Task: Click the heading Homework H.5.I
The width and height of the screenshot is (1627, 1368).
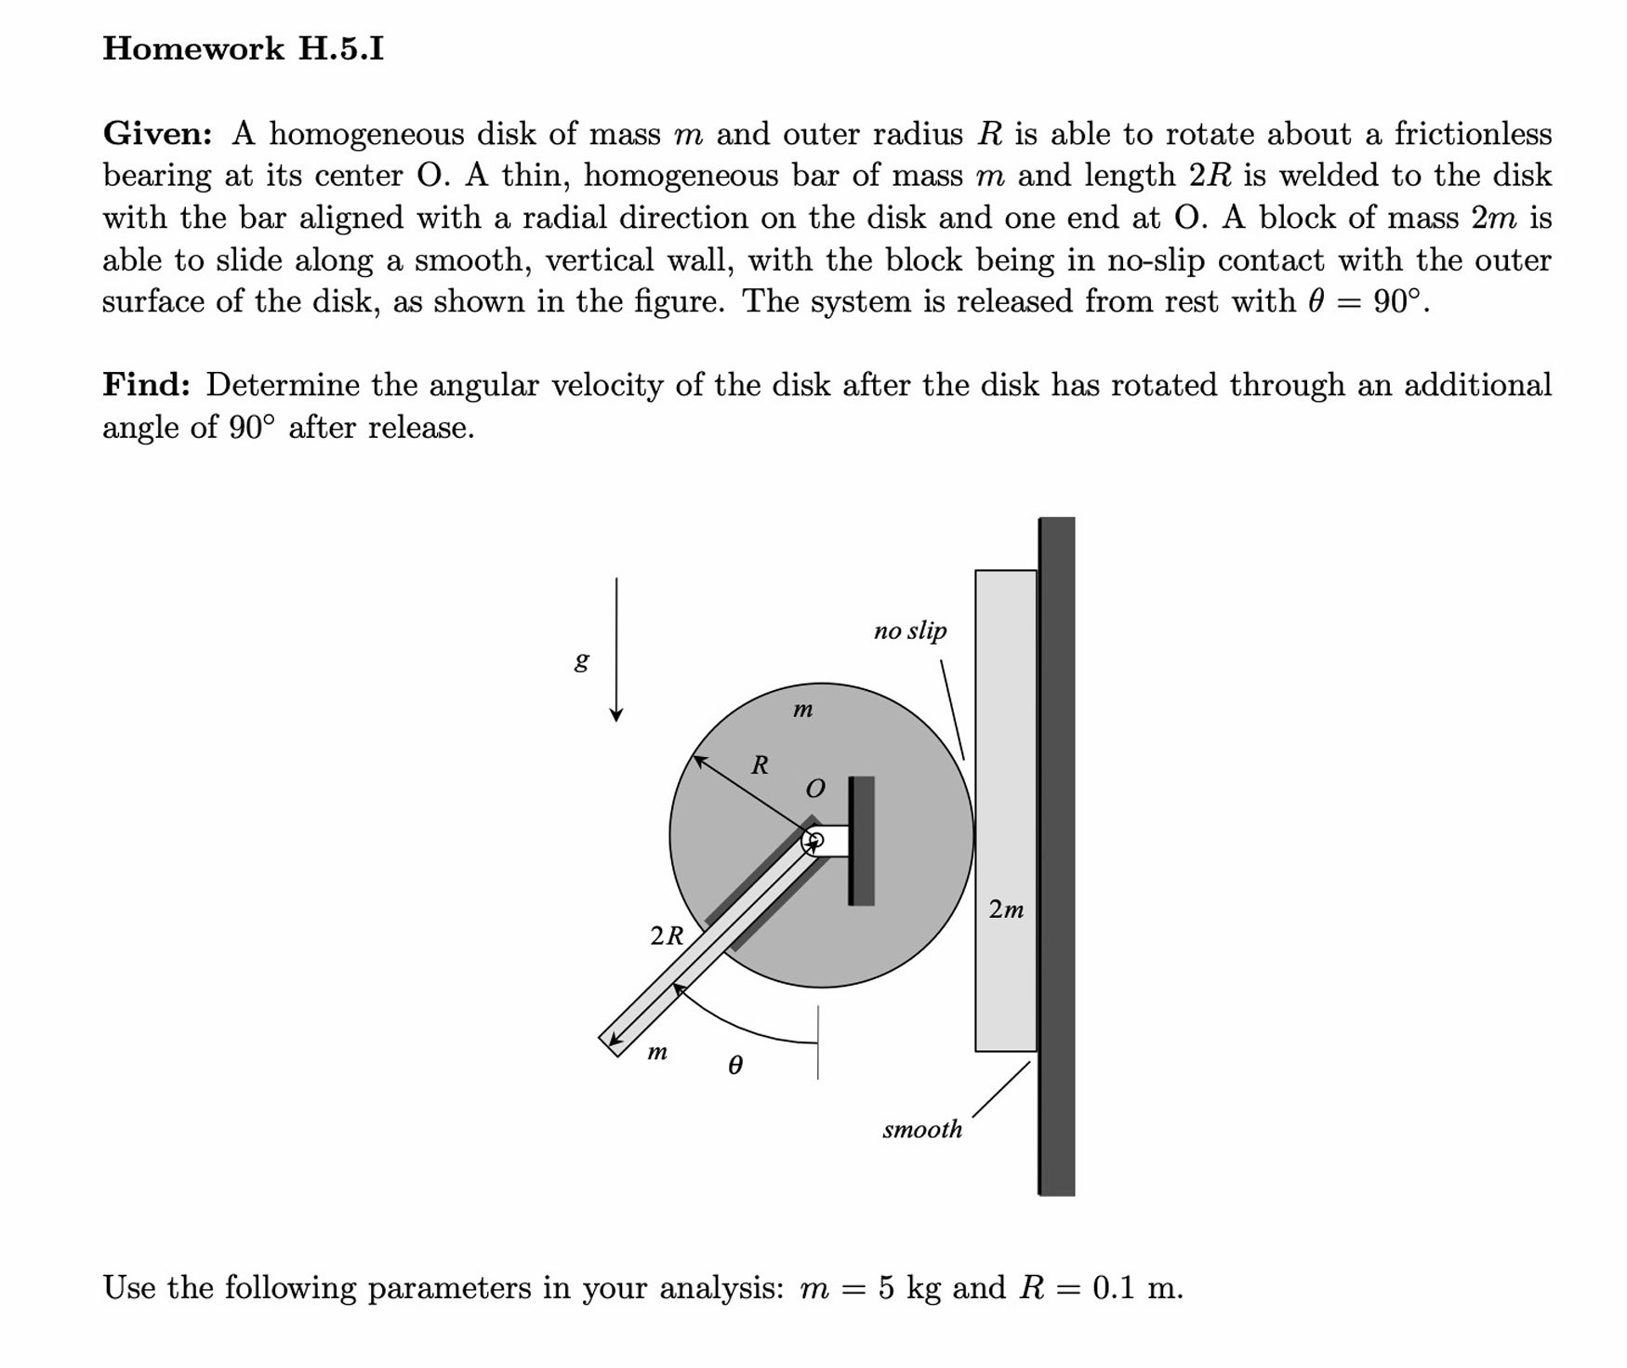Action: tap(243, 48)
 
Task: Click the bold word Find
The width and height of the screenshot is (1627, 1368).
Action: tap(146, 385)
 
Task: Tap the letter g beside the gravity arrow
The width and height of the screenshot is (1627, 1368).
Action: tap(581, 660)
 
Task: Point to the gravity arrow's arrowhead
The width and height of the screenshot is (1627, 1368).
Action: tap(615, 714)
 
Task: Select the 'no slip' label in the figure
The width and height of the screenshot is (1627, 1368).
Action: tap(909, 631)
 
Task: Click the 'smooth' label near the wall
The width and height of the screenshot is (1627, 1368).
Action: tap(921, 1129)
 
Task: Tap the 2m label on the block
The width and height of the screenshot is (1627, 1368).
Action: tap(1006, 909)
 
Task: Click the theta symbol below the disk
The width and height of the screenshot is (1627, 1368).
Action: tap(734, 1066)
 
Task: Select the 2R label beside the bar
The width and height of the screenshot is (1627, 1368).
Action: tap(667, 936)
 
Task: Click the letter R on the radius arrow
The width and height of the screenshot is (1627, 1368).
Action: tap(760, 765)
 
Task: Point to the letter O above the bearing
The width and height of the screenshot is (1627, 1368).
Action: tap(814, 790)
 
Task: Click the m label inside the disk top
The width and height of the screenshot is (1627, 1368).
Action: tap(802, 710)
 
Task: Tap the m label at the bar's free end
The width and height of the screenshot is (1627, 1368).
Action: tap(656, 1053)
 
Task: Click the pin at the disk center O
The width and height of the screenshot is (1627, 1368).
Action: tap(813, 842)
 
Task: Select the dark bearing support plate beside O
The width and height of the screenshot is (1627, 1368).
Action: tap(862, 841)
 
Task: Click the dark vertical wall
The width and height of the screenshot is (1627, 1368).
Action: tap(1056, 856)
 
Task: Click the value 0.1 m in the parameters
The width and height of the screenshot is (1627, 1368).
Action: tap(1136, 1288)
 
